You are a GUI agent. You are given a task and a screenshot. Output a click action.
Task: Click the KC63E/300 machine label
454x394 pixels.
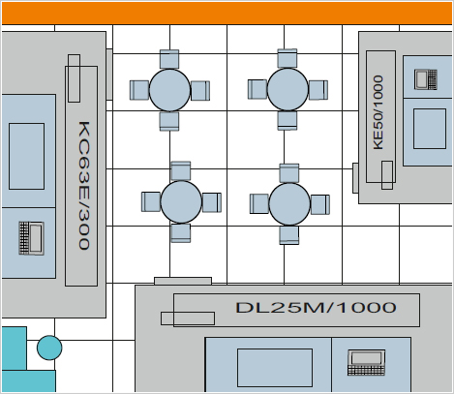coord(84,186)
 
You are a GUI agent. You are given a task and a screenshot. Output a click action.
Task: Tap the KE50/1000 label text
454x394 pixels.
coord(378,112)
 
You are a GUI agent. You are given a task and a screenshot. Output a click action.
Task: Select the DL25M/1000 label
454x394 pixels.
coord(316,308)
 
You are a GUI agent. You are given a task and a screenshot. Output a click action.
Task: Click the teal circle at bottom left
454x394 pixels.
coord(49,348)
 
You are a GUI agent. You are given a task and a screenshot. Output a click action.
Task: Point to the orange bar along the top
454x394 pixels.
coord(227,14)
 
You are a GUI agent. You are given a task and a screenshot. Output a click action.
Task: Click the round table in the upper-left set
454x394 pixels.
coord(169,90)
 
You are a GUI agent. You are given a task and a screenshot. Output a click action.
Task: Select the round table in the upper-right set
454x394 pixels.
coord(288,89)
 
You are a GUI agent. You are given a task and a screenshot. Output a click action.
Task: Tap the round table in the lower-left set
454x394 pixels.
coord(181,202)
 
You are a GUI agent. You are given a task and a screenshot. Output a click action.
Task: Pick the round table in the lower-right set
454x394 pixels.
coord(289,204)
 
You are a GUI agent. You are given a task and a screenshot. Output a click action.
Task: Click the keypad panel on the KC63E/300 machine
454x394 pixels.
coord(31,238)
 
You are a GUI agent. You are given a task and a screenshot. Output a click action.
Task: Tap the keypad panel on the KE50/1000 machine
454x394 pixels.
coord(426,79)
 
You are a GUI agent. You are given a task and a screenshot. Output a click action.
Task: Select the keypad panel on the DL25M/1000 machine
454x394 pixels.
coord(367,362)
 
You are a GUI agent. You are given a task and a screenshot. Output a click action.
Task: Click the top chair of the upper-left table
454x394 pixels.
coord(169,59)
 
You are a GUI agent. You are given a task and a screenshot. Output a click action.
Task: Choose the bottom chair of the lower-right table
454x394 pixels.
coord(289,234)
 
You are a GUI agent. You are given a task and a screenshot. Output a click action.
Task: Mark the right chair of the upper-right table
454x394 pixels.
coord(318,90)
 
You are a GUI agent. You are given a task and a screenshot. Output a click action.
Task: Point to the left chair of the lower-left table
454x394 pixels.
coord(151,202)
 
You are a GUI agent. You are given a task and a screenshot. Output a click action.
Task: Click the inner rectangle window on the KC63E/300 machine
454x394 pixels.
coord(26,156)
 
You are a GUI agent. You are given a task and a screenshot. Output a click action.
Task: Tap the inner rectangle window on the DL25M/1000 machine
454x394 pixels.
coord(275,368)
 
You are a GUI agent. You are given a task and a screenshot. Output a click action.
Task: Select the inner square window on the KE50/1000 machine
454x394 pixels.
coord(430,129)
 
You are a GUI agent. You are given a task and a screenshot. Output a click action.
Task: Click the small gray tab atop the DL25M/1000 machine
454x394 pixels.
coord(183,281)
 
